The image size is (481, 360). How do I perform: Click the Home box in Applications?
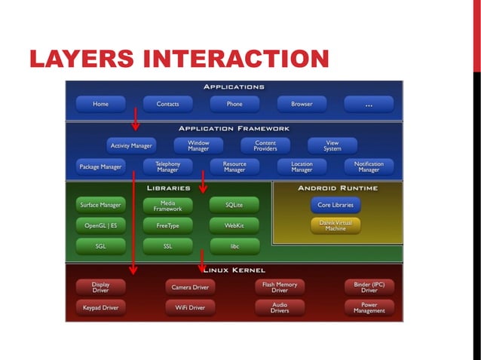(100, 105)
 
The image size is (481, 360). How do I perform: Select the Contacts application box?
(167, 105)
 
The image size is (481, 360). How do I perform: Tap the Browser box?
(302, 105)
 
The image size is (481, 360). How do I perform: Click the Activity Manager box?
(131, 145)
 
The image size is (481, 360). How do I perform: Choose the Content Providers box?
(265, 145)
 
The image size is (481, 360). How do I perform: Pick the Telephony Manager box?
(167, 166)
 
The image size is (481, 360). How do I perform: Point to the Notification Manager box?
(369, 166)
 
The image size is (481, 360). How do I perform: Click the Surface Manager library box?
(100, 204)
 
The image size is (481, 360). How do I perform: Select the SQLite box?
(234, 204)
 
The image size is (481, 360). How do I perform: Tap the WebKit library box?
(234, 224)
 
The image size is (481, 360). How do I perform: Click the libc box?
(234, 246)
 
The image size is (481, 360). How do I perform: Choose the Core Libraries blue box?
(335, 204)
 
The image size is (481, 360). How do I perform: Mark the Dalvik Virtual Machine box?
(335, 224)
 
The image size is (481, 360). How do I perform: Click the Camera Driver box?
(190, 286)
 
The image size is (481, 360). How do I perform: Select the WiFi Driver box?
(190, 307)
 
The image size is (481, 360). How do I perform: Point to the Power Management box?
(369, 307)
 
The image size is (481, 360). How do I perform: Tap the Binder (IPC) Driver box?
(369, 286)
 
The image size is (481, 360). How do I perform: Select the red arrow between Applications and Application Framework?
(136, 117)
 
